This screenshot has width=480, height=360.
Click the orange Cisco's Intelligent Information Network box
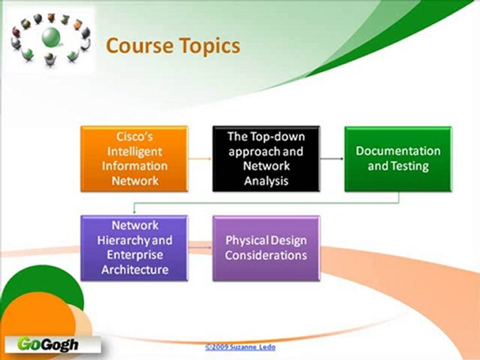pos(134,158)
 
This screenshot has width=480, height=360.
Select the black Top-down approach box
pos(266,158)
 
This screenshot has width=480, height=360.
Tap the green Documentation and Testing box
pos(398,158)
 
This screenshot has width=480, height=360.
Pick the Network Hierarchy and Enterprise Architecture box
pos(134,248)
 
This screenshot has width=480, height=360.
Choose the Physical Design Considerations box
pos(266,248)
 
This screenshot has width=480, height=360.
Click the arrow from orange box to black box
pos(200,159)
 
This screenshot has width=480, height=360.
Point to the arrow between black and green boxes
pos(332,159)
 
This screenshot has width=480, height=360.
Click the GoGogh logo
pos(48,344)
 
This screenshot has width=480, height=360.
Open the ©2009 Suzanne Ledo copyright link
pos(240,346)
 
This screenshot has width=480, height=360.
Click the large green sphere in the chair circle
pos(50,36)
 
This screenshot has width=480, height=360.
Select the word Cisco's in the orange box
pos(134,136)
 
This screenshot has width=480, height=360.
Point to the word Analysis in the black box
pos(266,180)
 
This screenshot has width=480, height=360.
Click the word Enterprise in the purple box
pos(134,255)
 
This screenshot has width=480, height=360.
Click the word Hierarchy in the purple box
pos(123,240)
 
